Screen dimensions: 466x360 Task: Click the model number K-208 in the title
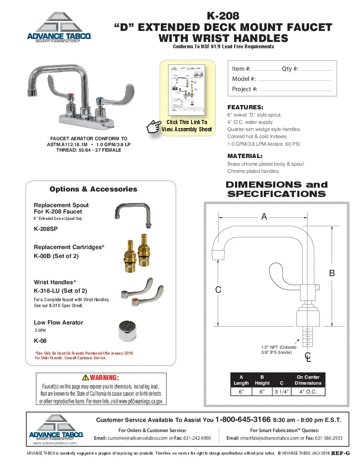pyautogui.click(x=223, y=16)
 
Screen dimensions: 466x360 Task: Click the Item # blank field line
pyautogui.click(x=266, y=69)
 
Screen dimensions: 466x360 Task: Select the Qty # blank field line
pyautogui.click(x=316, y=69)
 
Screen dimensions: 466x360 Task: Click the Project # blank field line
pyautogui.click(x=295, y=90)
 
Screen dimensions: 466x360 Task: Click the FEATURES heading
pyautogui.click(x=245, y=108)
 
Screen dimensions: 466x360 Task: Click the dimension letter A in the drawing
pyautogui.click(x=264, y=217)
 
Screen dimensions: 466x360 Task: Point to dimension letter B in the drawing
pyautogui.click(x=332, y=274)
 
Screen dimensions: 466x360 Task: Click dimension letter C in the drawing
pyautogui.click(x=218, y=290)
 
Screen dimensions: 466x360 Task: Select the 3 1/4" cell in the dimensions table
pyautogui.click(x=282, y=392)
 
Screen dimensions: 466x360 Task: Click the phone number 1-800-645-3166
pyautogui.click(x=243, y=419)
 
